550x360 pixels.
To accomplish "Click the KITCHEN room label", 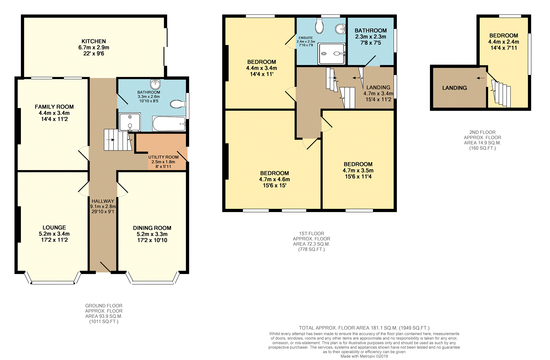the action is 94,41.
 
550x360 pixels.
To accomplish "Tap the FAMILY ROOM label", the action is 54,107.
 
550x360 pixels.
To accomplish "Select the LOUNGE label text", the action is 54,228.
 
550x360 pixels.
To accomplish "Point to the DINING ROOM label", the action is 152,228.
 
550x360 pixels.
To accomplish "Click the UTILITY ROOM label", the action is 164,157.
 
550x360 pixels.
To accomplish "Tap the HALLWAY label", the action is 103,201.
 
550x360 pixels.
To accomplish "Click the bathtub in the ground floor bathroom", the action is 169,124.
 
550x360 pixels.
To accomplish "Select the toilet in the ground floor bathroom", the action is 178,104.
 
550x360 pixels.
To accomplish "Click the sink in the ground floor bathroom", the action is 155,84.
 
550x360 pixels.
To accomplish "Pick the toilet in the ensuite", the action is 319,26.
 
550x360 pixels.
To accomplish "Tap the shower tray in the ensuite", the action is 332,54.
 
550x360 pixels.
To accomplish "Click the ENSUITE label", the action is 306,38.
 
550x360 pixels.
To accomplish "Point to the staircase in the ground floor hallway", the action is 118,140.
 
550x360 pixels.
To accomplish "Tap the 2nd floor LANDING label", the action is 455,88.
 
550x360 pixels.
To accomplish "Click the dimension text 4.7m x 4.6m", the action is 275,179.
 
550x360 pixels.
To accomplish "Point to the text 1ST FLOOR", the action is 312,233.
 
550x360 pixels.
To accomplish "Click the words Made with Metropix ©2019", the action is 364,356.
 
